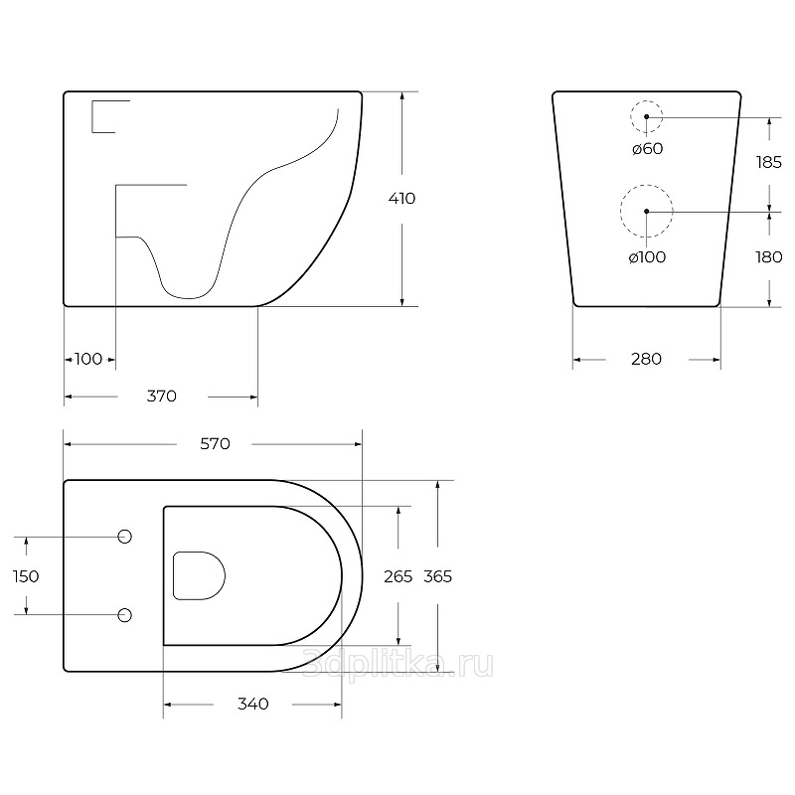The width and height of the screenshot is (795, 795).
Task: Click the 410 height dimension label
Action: (401, 198)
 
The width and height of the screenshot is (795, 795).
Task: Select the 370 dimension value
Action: (162, 396)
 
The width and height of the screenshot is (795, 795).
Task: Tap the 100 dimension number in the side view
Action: (88, 359)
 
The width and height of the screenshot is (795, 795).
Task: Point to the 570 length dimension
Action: (215, 444)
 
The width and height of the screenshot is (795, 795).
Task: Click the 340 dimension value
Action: (253, 704)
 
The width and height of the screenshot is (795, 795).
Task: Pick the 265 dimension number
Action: (398, 576)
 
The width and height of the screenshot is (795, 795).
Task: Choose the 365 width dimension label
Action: (437, 576)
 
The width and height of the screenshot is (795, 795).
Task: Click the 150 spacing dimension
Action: (26, 576)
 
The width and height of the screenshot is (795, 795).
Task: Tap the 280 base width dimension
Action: (647, 359)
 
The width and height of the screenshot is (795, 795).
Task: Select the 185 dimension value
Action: (768, 162)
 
